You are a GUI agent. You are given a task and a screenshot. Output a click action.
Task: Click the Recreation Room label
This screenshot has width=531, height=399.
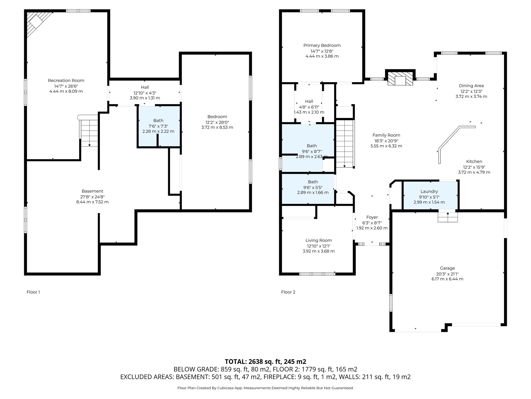point(66,81)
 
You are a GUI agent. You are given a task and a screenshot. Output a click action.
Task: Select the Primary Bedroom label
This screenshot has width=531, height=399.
point(322,45)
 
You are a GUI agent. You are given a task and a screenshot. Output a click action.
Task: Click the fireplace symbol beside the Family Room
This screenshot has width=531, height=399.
point(400,79)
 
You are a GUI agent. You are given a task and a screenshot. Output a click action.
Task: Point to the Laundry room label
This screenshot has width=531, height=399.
point(429,191)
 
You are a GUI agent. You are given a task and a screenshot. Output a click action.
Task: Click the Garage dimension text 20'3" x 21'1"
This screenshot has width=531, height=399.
point(447,274)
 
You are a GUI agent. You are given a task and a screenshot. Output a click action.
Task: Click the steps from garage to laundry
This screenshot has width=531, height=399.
point(448,217)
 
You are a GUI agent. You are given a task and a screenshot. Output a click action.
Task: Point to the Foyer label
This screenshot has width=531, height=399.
point(372,217)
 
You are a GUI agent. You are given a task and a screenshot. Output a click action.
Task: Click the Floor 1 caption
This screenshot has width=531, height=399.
point(33,292)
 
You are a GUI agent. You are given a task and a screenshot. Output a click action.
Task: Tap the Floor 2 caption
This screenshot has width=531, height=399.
point(288,292)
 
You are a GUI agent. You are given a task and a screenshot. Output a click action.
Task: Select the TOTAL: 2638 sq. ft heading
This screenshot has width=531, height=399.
point(265,362)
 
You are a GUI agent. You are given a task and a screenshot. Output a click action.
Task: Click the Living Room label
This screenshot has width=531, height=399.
point(318,241)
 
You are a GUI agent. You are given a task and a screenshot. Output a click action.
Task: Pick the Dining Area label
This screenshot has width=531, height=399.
point(471,86)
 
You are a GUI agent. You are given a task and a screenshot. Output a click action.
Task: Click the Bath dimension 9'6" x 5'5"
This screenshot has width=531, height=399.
point(313,187)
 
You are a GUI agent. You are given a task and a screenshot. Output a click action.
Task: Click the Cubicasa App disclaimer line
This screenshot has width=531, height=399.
point(265,388)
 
